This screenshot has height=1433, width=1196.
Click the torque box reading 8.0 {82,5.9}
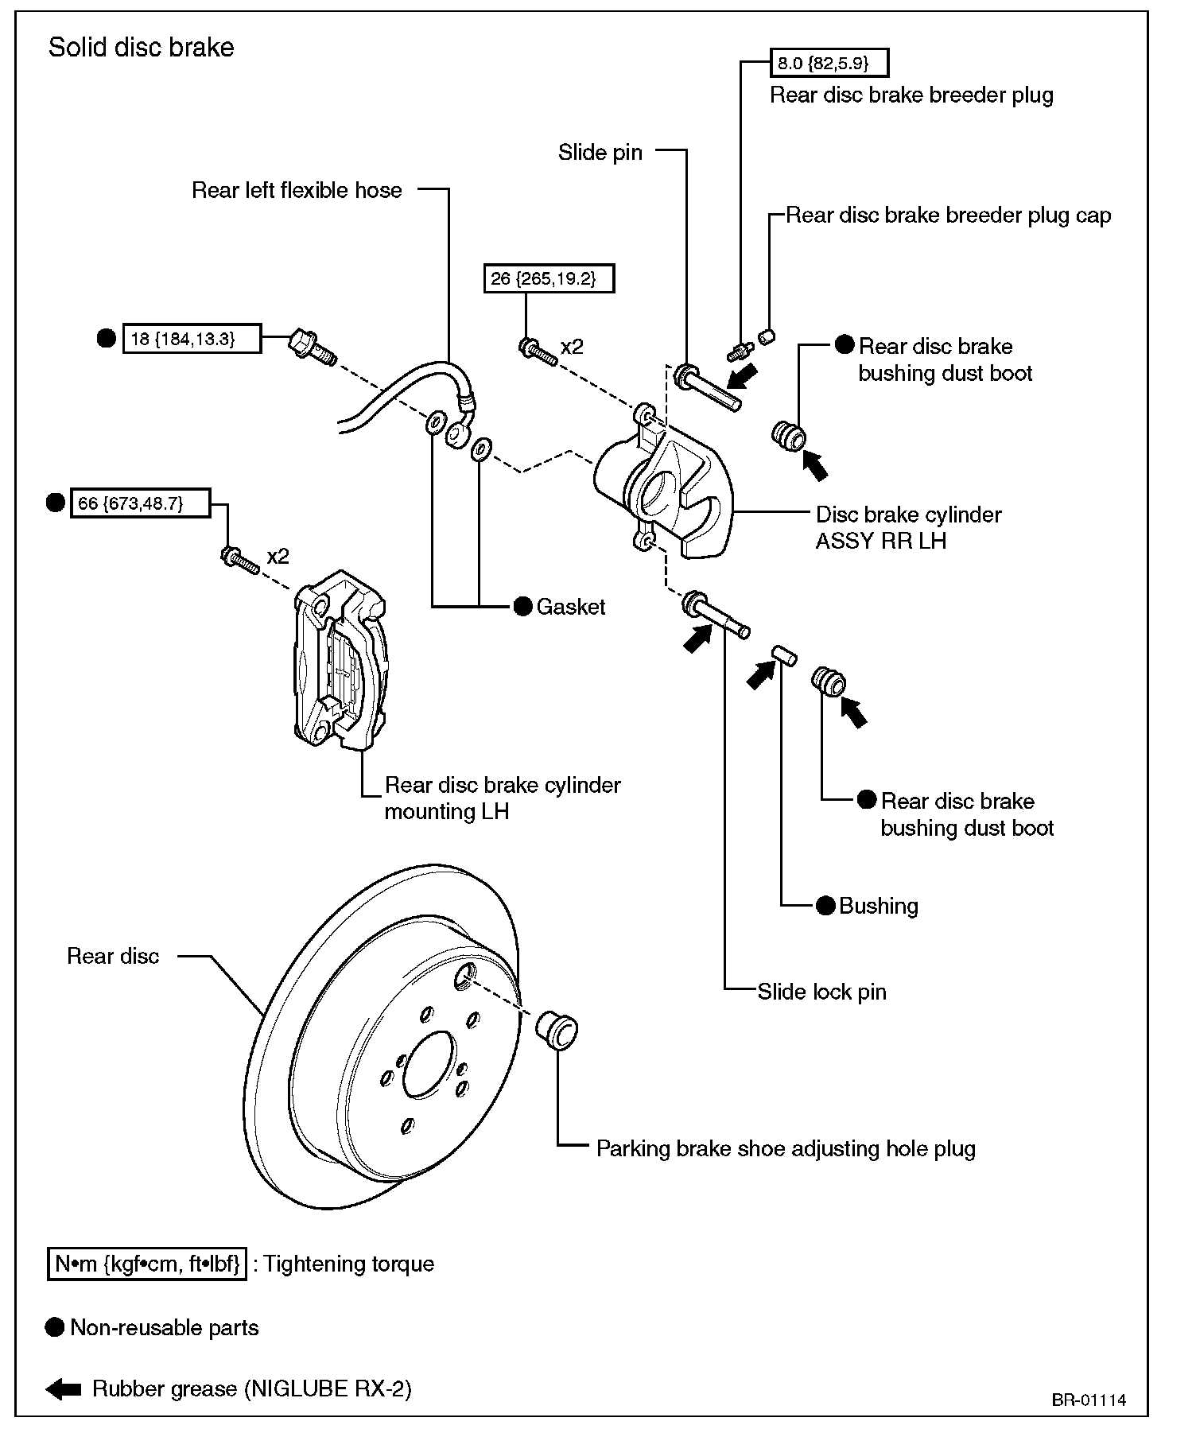(829, 62)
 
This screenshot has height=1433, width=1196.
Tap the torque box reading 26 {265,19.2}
(549, 279)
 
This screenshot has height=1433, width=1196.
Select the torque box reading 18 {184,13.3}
(192, 339)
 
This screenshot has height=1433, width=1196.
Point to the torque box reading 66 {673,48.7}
(140, 503)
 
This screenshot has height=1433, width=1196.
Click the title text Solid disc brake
(142, 48)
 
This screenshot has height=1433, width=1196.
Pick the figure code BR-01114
(1089, 1400)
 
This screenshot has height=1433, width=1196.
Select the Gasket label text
(571, 607)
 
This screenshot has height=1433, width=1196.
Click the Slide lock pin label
(821, 992)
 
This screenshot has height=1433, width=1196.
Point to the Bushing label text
(879, 906)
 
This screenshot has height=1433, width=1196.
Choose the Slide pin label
(600, 153)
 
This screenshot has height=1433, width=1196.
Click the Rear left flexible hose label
(297, 190)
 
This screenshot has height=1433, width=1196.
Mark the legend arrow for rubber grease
(64, 1389)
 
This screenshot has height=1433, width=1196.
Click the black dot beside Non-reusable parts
(55, 1327)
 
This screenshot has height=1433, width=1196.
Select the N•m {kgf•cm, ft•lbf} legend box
(147, 1264)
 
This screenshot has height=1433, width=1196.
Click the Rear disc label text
(113, 956)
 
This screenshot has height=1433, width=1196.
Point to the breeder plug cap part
(767, 337)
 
